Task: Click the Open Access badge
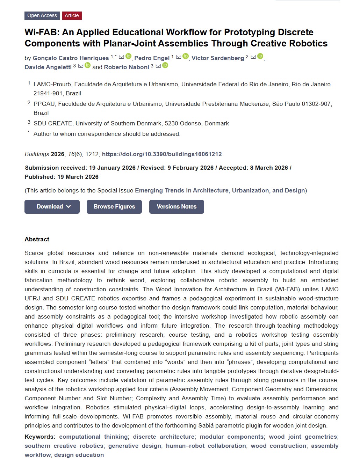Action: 42,15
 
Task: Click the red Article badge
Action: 72,15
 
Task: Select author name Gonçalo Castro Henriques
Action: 71,58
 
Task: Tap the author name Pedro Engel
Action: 152,58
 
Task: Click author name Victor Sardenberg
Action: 218,58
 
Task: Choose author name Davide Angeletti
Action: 48,67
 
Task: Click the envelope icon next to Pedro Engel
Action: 179,57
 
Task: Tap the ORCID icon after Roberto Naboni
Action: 165,65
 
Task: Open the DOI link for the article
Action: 162,154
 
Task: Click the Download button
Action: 52,207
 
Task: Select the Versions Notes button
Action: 177,207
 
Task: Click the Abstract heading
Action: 37,239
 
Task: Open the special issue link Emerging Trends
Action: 220,190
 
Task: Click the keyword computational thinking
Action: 93,437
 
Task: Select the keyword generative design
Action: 135,446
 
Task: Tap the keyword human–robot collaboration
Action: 206,446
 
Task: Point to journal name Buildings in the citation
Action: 37,154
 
